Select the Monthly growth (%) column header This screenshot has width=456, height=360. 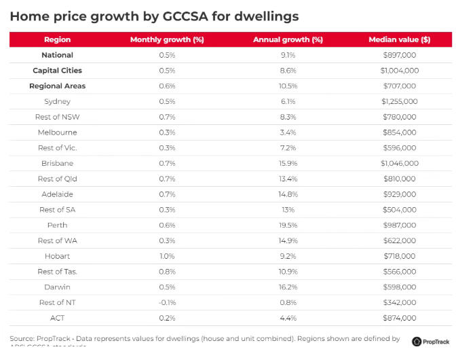167,39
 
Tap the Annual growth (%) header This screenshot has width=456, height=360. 288,39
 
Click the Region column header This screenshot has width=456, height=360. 58,39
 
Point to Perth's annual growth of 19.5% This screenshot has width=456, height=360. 288,225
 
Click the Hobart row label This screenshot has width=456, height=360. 58,256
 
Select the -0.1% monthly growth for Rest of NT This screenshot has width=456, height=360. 167,302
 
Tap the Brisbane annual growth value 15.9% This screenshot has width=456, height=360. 288,163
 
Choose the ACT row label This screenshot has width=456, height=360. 58,318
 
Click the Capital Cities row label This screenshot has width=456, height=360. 58,71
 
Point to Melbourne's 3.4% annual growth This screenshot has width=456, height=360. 288,132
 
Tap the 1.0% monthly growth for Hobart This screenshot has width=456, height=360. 167,256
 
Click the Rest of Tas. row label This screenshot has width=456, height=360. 58,272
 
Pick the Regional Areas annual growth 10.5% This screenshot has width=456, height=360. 288,86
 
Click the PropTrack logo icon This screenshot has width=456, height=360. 416,340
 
